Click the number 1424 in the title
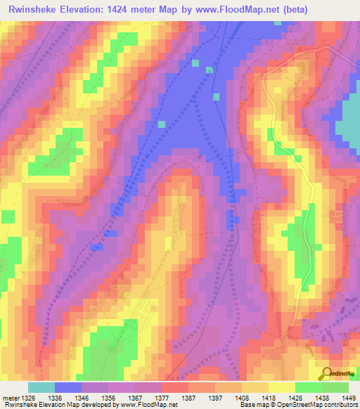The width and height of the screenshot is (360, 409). click(x=129, y=9)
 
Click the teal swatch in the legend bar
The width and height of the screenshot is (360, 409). click(x=41, y=387)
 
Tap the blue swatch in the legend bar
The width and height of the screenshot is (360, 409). click(x=68, y=387)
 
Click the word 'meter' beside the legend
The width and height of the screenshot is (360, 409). click(x=10, y=397)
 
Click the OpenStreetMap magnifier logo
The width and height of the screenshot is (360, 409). click(x=327, y=373)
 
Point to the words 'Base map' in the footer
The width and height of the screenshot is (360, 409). click(x=252, y=405)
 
